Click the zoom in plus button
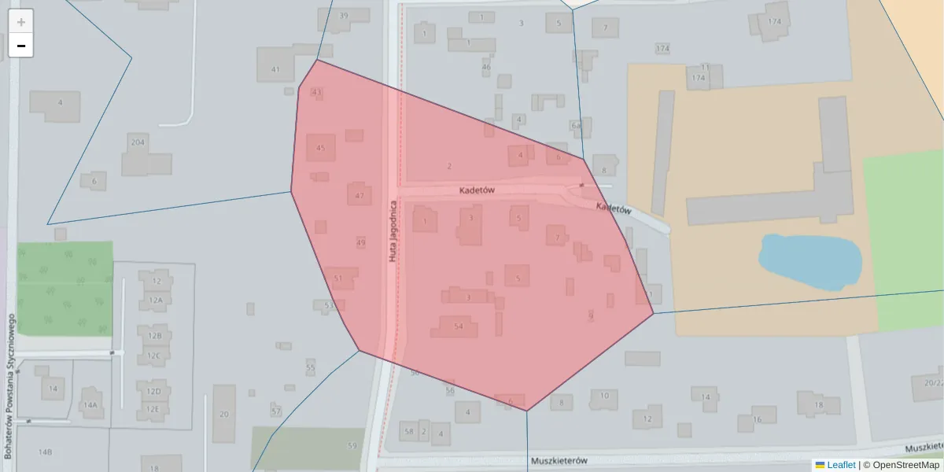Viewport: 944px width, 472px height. [21, 21]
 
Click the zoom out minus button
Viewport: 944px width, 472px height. [21, 46]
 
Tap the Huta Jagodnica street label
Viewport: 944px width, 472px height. [391, 230]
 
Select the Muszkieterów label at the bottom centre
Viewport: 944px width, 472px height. [560, 461]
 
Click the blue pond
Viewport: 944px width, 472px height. [809, 261]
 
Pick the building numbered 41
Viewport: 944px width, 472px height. [275, 69]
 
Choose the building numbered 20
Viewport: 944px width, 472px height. [224, 414]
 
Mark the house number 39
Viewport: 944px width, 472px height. [343, 16]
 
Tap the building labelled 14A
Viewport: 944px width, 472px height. [90, 404]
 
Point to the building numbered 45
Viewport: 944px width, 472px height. [320, 148]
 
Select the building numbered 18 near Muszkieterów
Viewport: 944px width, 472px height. [818, 404]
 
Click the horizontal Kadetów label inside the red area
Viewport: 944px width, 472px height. [476, 191]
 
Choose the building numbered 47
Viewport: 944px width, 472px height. [359, 195]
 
